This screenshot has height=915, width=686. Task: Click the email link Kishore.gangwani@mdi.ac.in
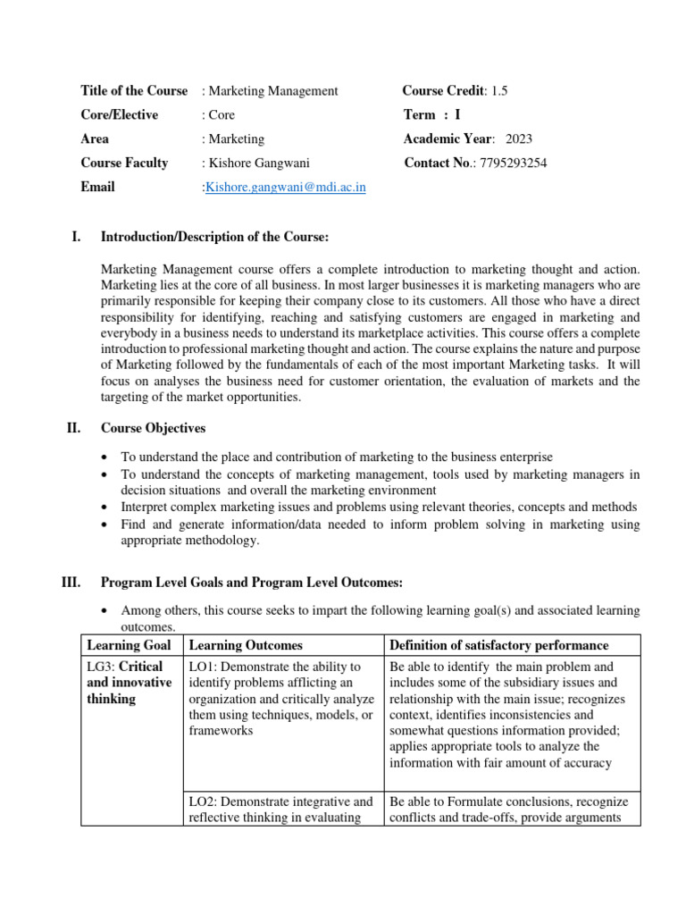coord(286,188)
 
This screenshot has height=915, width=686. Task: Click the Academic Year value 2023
coord(519,139)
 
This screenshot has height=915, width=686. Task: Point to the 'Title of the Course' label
coord(134,90)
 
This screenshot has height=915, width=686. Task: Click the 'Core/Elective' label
coord(119,114)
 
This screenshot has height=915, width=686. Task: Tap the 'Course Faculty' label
coord(124,163)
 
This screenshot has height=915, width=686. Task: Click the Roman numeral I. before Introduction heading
coord(76,237)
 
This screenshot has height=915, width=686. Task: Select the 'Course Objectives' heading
coord(153,428)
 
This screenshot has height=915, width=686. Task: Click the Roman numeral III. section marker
coord(71,583)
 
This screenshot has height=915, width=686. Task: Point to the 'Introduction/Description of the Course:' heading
coord(215,237)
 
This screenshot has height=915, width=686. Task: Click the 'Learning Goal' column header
coord(126,645)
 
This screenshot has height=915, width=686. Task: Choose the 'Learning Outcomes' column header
coord(246,645)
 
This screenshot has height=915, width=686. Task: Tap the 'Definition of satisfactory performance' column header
coord(499,645)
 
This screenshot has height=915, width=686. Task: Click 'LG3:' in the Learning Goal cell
coord(101,667)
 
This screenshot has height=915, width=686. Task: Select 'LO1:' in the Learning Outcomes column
coord(205,667)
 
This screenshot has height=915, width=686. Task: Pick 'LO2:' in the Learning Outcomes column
coord(205,802)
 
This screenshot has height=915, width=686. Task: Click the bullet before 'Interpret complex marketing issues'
coord(106,507)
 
